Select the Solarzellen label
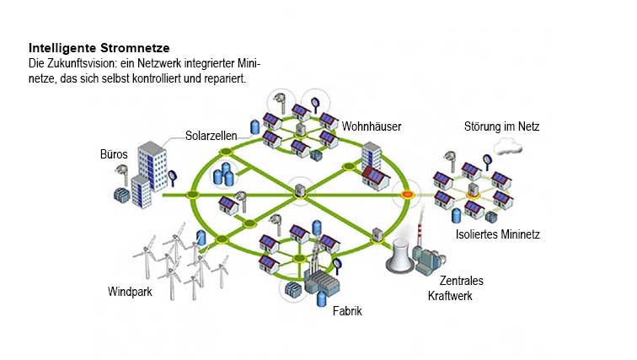click(211, 135)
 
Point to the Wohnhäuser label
click(371, 126)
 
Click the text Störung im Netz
click(501, 126)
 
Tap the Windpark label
click(130, 292)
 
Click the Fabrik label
click(347, 311)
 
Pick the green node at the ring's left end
click(192, 196)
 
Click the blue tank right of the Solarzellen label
click(254, 128)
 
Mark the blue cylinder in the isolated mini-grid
click(456, 216)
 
